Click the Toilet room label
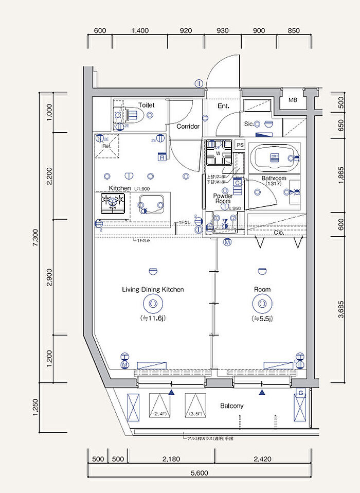pyautogui.click(x=146, y=105)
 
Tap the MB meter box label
pyautogui.click(x=293, y=100)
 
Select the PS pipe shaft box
pyautogui.click(x=240, y=145)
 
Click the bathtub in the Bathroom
pyautogui.click(x=273, y=158)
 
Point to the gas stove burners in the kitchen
pyautogui.click(x=114, y=203)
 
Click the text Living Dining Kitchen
pyautogui.click(x=153, y=290)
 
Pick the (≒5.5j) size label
pyautogui.click(x=262, y=319)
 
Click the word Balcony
pyautogui.click(x=231, y=406)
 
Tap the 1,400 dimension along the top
pyautogui.click(x=140, y=30)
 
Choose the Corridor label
pyautogui.click(x=188, y=126)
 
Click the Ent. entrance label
pyautogui.click(x=223, y=107)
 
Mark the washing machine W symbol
pyautogui.click(x=218, y=153)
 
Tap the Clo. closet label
pyautogui.click(x=279, y=233)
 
